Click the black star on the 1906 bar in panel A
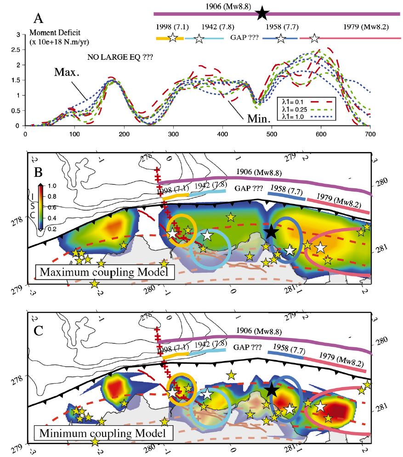[262, 13]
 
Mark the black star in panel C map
[271, 390]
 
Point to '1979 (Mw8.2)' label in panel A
[366, 26]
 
